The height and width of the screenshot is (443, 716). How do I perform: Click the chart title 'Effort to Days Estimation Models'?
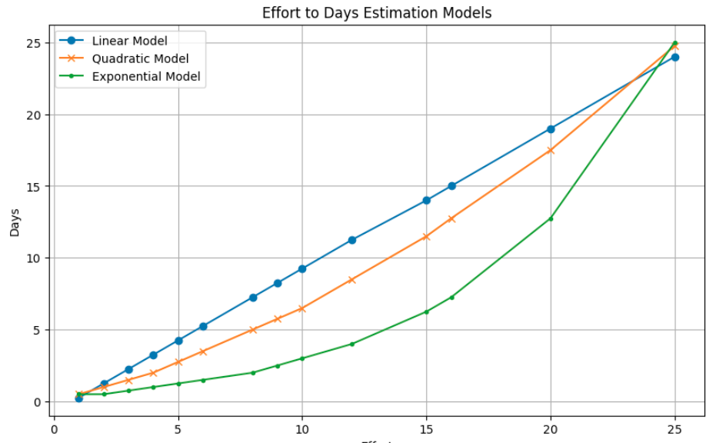(x=376, y=12)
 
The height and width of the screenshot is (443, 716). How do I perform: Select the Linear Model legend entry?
(x=129, y=41)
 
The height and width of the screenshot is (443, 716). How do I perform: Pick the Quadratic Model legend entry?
(x=139, y=58)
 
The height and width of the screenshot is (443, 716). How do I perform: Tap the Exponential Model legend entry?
(x=145, y=76)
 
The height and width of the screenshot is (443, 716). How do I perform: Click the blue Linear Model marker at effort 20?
(x=551, y=129)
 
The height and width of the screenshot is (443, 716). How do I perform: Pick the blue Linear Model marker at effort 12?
(x=352, y=240)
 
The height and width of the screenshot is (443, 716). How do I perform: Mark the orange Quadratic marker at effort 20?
(x=551, y=150)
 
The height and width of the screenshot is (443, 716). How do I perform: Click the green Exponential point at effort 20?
(x=551, y=218)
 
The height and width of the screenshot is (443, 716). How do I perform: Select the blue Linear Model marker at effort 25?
(x=674, y=57)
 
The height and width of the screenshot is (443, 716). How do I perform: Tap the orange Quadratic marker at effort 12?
(x=352, y=280)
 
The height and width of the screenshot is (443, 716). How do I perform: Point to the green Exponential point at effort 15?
(x=426, y=311)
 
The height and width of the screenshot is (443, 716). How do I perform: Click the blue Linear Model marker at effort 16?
(x=451, y=186)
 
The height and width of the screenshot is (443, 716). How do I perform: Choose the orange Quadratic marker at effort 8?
(x=253, y=330)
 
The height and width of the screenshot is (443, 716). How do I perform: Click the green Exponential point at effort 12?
(x=352, y=344)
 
